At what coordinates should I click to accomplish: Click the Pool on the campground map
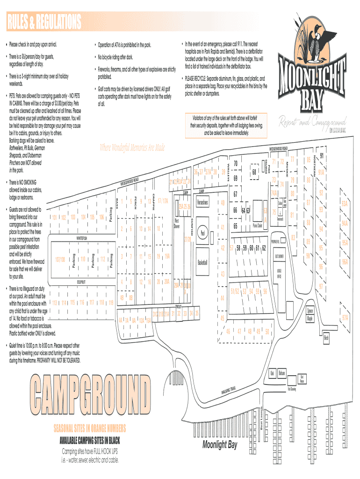coord(202,232)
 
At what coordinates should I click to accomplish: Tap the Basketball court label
coord(202,261)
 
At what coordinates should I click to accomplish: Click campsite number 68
coord(254,172)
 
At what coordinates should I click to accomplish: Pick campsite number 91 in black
coord(322,157)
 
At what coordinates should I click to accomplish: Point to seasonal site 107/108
coord(59,259)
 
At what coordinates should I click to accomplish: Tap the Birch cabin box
coord(326,338)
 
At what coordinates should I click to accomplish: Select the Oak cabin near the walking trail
coord(272,373)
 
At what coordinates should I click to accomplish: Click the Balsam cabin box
coord(281,373)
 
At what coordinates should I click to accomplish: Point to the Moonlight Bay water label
coord(220,444)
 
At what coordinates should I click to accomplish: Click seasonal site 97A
coord(345,318)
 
